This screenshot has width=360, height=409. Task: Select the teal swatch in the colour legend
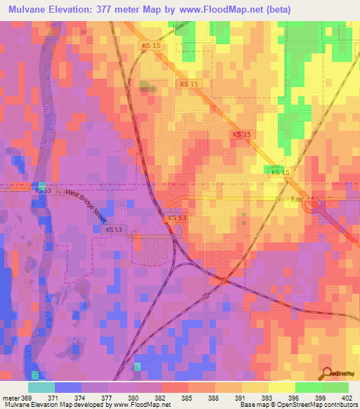coord(41,387)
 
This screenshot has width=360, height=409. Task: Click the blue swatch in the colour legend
coord(68,387)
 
